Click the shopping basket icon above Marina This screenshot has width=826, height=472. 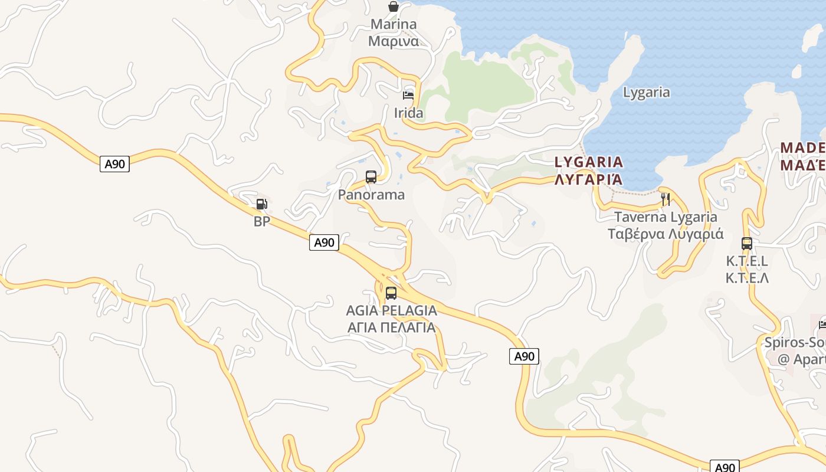[394, 6]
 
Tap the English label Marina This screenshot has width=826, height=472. [394, 25]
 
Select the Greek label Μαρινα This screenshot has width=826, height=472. [394, 41]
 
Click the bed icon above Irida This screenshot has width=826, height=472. [408, 95]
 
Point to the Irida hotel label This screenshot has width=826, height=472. [408, 113]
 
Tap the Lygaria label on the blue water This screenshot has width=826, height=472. [647, 92]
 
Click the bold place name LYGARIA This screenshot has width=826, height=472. [589, 162]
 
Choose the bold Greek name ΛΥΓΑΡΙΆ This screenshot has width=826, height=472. [589, 179]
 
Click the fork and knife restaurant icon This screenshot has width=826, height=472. [666, 199]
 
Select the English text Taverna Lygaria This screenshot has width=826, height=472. [666, 217]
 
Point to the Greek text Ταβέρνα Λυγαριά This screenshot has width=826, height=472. [666, 234]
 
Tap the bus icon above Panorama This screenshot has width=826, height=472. [371, 176]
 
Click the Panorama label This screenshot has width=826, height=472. [371, 195]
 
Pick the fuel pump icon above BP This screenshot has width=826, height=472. [261, 204]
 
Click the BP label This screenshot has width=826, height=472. [261, 222]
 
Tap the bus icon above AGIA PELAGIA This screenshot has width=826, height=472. [391, 293]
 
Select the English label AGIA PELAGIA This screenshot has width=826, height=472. [392, 310]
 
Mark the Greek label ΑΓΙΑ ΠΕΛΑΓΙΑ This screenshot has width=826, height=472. [392, 327]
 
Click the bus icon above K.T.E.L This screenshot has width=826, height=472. [747, 243]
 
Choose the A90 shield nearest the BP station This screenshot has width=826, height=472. [324, 242]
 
